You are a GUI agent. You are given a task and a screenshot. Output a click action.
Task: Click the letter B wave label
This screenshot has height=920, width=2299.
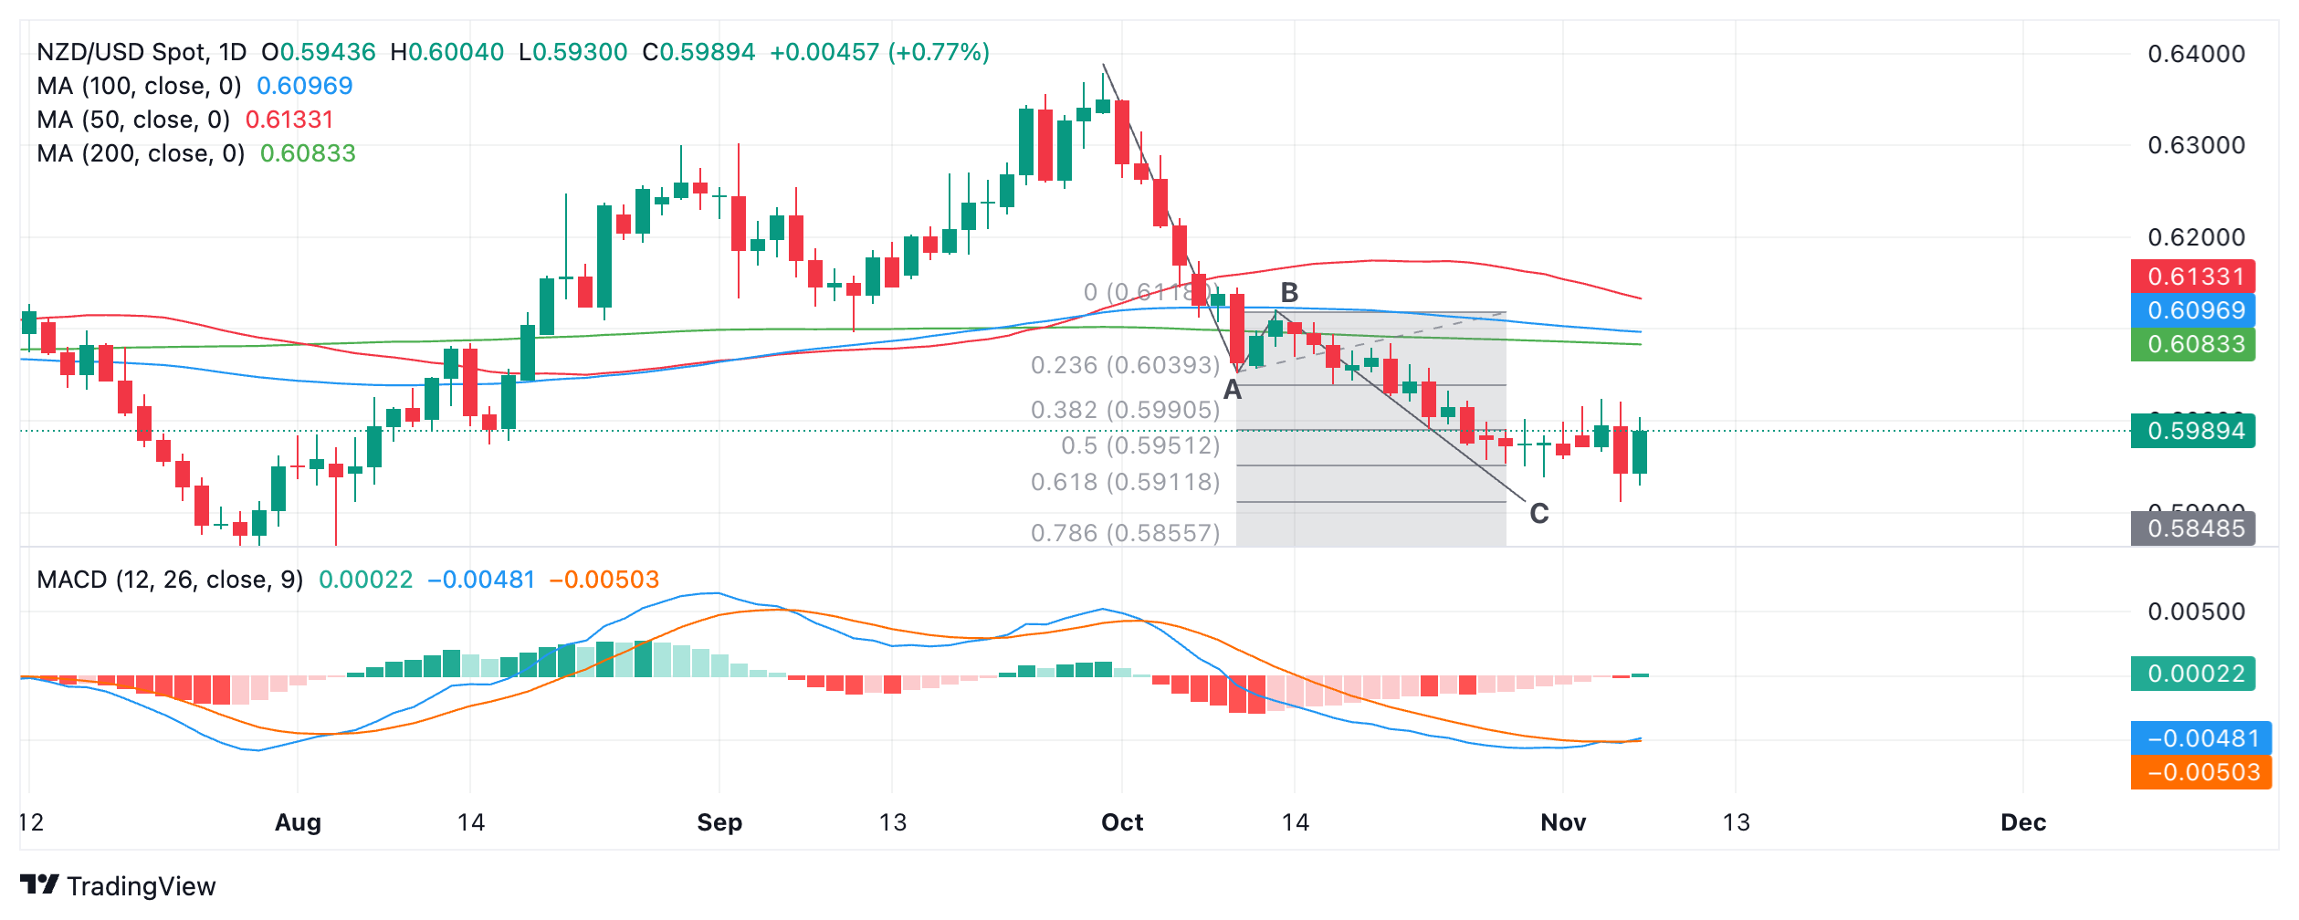point(1288,293)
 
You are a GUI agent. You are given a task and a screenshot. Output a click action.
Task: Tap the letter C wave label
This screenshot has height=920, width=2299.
point(1538,514)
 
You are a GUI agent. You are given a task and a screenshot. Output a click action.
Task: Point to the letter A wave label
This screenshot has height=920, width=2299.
point(1232,391)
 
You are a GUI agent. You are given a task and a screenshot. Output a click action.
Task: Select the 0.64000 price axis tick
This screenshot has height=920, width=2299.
point(2195,54)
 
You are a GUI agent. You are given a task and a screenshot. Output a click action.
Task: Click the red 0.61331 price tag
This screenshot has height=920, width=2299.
point(2194,277)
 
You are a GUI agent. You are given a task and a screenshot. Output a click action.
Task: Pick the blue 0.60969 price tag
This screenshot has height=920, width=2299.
point(2194,310)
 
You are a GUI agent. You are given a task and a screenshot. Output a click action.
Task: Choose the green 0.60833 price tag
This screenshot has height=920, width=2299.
point(2194,344)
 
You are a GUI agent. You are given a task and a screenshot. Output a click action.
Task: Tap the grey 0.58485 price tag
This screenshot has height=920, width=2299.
point(2194,528)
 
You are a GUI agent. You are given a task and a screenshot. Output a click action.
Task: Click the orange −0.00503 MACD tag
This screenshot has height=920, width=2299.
point(2201,772)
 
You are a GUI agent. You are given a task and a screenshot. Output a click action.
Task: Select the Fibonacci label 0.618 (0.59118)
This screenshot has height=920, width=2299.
point(1125,482)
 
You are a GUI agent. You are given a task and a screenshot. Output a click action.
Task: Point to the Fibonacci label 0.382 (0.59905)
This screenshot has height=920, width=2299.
point(1125,410)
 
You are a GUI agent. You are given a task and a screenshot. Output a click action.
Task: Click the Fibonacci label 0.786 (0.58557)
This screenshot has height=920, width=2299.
point(1125,533)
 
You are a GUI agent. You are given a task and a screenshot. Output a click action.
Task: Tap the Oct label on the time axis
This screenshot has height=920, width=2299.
point(1122,822)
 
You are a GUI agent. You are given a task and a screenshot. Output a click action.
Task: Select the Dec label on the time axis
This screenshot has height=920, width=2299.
point(2022,822)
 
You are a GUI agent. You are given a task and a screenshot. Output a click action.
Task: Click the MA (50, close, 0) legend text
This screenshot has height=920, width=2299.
point(133,120)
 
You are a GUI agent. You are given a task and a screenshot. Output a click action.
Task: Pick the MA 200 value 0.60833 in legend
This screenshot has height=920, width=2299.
point(308,153)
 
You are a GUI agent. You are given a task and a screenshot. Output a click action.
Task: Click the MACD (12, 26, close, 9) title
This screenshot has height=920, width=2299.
point(170,580)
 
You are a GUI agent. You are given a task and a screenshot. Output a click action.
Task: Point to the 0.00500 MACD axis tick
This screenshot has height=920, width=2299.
point(2195,612)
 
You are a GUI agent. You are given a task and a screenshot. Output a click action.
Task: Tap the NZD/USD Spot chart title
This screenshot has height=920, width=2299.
point(142,52)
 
